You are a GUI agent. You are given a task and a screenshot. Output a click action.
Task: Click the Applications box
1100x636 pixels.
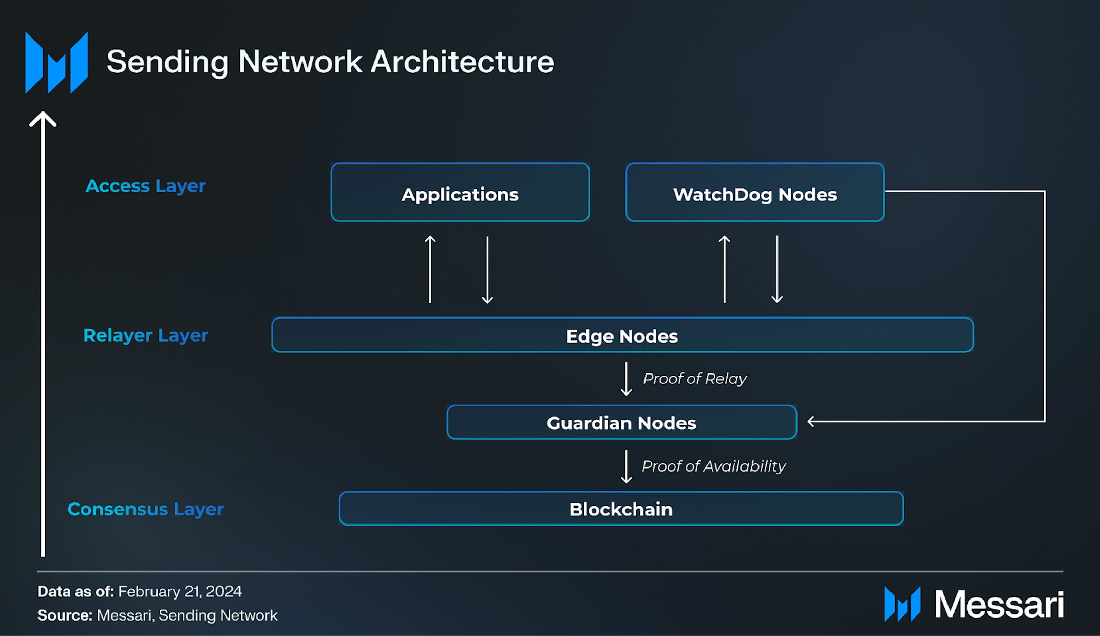pyautogui.click(x=460, y=193)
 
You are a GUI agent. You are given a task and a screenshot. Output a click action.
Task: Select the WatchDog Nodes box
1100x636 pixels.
pyautogui.click(x=754, y=193)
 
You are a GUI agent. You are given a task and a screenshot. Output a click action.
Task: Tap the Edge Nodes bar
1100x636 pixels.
pyautogui.click(x=622, y=335)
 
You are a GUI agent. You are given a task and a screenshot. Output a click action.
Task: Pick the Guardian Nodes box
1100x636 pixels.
pyautogui.click(x=621, y=422)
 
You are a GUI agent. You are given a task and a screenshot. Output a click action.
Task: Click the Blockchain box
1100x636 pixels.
pyautogui.click(x=621, y=509)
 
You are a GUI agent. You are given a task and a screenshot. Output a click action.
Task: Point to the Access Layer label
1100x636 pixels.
pyautogui.click(x=145, y=186)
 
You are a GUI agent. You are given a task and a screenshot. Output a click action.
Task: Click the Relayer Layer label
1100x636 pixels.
pyautogui.click(x=145, y=335)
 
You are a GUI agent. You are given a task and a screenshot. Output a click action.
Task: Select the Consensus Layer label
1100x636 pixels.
pyautogui.click(x=145, y=509)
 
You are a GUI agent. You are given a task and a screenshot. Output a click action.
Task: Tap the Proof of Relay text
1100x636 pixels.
pyautogui.click(x=694, y=379)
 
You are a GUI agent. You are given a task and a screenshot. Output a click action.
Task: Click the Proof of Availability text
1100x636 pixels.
pyautogui.click(x=713, y=466)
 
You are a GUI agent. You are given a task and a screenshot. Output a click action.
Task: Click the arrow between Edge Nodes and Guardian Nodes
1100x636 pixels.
pyautogui.click(x=626, y=379)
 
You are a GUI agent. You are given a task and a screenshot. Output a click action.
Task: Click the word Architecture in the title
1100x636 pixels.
pyautogui.click(x=462, y=62)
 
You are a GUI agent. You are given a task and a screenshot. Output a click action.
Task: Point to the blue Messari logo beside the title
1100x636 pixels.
pyautogui.click(x=56, y=63)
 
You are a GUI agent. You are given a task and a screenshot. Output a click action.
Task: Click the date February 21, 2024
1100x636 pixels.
pyautogui.click(x=180, y=591)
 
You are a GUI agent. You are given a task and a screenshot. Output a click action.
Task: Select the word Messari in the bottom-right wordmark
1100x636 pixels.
pyautogui.click(x=998, y=604)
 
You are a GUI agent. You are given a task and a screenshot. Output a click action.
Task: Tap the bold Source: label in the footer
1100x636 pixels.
pyautogui.click(x=65, y=615)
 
